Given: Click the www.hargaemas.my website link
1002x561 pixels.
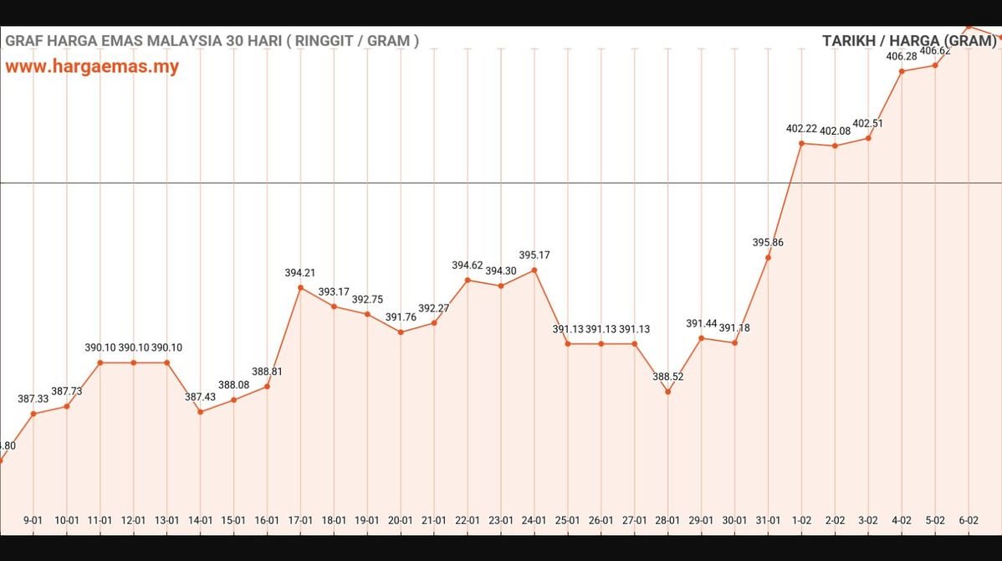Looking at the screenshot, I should tap(92, 67).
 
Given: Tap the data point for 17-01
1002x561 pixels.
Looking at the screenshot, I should tap(300, 288).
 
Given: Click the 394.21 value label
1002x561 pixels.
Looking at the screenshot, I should tap(300, 272).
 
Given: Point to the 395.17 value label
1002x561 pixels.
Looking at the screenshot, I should tap(534, 255).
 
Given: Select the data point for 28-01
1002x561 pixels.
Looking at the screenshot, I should tap(668, 391).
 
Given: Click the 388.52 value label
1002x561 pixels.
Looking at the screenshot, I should tap(668, 377).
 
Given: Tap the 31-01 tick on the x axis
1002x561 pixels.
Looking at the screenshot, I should tap(768, 520).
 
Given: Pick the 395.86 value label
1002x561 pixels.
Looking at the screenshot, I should tap(768, 242).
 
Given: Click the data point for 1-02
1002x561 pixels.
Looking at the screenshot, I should tap(801, 143).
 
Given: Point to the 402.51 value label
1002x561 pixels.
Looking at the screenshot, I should tap(868, 123).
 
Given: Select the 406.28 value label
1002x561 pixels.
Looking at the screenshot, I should tap(902, 56).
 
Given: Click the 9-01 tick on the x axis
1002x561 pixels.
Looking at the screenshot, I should tap(33, 520).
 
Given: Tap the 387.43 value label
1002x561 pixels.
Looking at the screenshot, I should tap(201, 397).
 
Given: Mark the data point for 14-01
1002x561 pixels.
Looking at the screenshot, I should tap(201, 411).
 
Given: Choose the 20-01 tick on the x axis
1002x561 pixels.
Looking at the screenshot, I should tap(401, 520).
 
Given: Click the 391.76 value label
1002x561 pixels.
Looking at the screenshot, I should tap(401, 317).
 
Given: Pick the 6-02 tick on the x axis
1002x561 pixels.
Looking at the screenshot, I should tap(969, 520).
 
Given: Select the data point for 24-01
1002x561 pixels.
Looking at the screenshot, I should tap(534, 270).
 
